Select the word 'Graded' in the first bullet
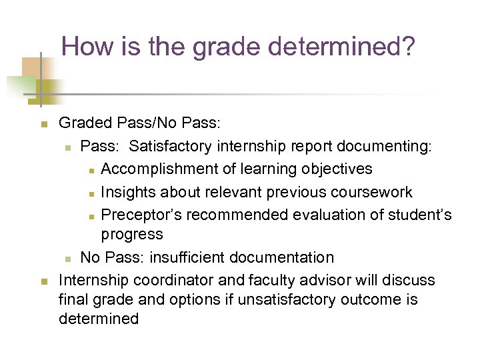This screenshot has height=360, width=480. point(85,124)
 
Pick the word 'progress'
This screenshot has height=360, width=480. point(131,235)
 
